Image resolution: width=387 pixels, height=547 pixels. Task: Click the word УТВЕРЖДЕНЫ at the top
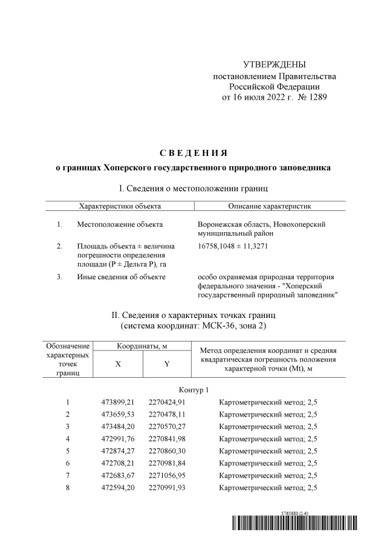274,65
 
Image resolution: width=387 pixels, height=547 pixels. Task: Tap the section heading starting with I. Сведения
193,189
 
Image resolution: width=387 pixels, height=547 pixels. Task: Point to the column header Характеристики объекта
120,206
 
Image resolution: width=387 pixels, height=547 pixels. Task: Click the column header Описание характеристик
270,206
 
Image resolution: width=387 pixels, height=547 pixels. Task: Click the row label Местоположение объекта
120,225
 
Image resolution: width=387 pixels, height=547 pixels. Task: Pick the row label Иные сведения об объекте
121,277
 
